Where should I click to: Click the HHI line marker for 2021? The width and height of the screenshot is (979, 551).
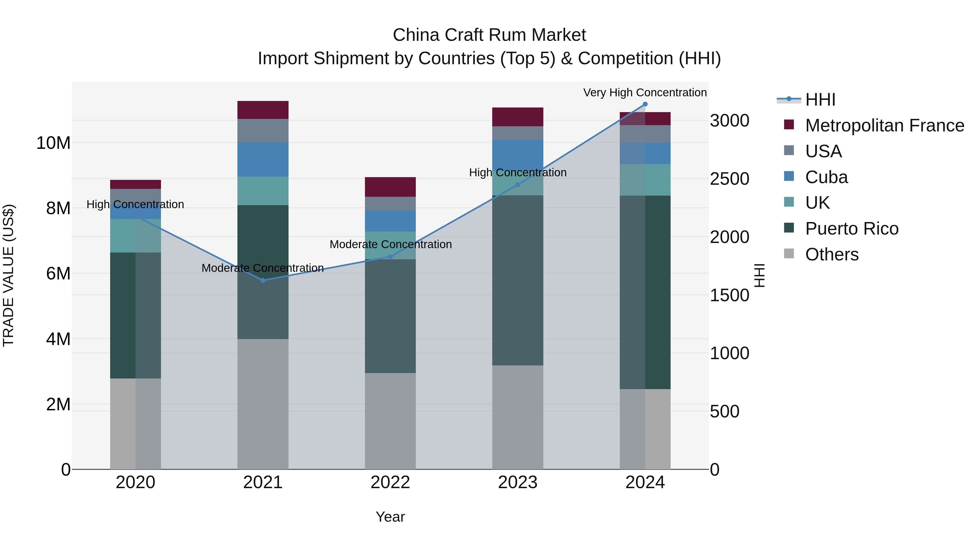click(263, 280)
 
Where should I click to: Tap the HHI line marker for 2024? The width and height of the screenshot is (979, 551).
click(645, 104)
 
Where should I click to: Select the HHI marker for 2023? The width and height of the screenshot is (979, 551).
click(518, 184)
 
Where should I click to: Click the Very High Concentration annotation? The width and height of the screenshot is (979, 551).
click(645, 93)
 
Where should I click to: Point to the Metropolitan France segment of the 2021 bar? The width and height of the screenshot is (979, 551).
click(263, 110)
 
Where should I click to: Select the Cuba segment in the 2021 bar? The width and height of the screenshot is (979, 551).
click(263, 159)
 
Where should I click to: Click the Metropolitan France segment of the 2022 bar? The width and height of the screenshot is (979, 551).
click(390, 187)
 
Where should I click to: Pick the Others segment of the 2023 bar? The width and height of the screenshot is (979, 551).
click(518, 417)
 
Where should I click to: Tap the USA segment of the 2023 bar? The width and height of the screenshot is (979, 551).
click(518, 133)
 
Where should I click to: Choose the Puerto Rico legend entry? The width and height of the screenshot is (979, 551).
click(851, 229)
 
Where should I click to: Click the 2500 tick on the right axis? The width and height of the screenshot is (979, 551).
click(729, 179)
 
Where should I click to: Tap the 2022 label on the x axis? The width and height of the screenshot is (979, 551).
click(390, 482)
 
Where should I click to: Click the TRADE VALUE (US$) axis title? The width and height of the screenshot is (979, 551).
click(8, 275)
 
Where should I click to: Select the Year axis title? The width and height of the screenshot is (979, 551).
click(390, 517)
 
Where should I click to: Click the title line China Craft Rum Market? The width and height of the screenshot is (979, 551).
click(489, 35)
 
